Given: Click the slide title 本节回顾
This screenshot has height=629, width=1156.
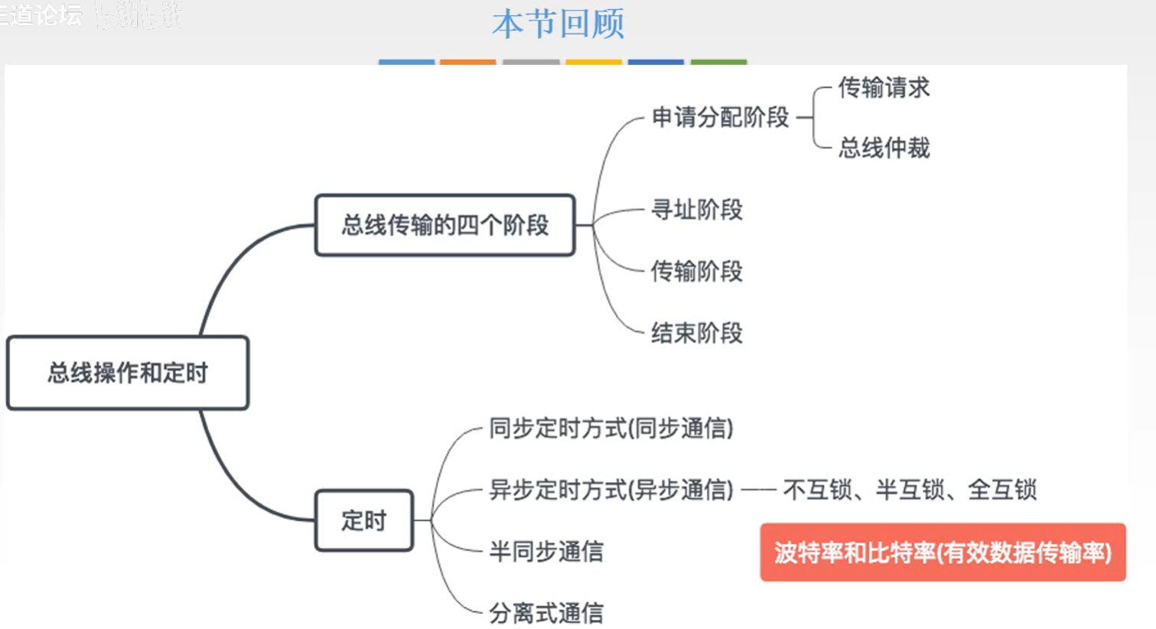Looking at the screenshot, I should pyautogui.click(x=558, y=24).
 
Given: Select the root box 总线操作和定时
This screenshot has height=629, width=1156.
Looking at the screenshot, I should pyautogui.click(x=128, y=373).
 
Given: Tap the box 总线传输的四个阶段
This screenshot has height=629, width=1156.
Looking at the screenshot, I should pyautogui.click(x=444, y=225).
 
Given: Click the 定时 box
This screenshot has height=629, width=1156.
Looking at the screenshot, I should pyautogui.click(x=364, y=520).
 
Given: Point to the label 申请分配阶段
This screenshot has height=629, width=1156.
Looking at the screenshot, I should pyautogui.click(x=720, y=117).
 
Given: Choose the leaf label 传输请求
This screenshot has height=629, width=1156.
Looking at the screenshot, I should pyautogui.click(x=884, y=87).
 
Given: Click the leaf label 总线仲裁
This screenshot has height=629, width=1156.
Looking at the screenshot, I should pyautogui.click(x=884, y=147).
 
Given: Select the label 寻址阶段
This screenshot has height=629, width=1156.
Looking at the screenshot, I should pyautogui.click(x=696, y=209).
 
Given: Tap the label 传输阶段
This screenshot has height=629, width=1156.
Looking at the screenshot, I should pyautogui.click(x=696, y=271).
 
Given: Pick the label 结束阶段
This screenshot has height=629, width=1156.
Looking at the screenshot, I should pyautogui.click(x=696, y=333).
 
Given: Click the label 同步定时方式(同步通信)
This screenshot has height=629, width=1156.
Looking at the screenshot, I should pyautogui.click(x=611, y=428).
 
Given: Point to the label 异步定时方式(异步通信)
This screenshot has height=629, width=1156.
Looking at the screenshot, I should pyautogui.click(x=611, y=489).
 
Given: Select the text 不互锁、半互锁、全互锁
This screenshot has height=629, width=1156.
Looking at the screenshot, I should pyautogui.click(x=910, y=489).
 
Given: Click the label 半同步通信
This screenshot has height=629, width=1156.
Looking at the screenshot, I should pyautogui.click(x=545, y=551).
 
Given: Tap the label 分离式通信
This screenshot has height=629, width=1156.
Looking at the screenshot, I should pyautogui.click(x=545, y=612).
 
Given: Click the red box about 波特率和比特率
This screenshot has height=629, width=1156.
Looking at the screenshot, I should pyautogui.click(x=943, y=552).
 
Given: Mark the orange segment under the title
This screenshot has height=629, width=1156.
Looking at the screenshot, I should pyautogui.click(x=467, y=62).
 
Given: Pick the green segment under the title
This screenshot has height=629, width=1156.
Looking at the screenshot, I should pyautogui.click(x=718, y=62).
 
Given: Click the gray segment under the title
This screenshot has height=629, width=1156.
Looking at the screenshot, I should pyautogui.click(x=531, y=62).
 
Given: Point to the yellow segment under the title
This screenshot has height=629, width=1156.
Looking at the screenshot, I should pyautogui.click(x=594, y=62).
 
